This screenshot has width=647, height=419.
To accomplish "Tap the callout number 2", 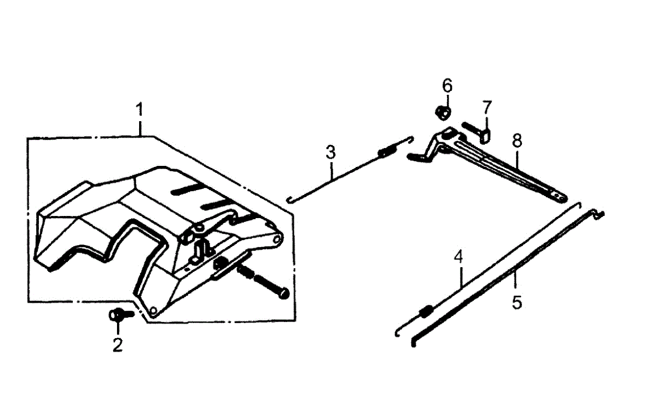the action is click(x=118, y=344).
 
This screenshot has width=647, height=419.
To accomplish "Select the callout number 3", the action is click(x=331, y=152).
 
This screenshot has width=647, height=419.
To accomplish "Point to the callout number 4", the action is click(x=458, y=257).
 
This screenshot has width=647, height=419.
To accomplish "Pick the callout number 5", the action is click(x=517, y=302).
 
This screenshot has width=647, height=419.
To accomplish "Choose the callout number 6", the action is click(x=448, y=86).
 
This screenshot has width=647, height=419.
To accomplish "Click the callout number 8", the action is click(x=517, y=141).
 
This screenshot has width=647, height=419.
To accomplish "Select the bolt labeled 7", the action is click(x=477, y=131).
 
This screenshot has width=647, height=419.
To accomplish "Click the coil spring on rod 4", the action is click(x=425, y=311).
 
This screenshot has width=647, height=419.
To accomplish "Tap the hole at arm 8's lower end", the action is click(x=561, y=197).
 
